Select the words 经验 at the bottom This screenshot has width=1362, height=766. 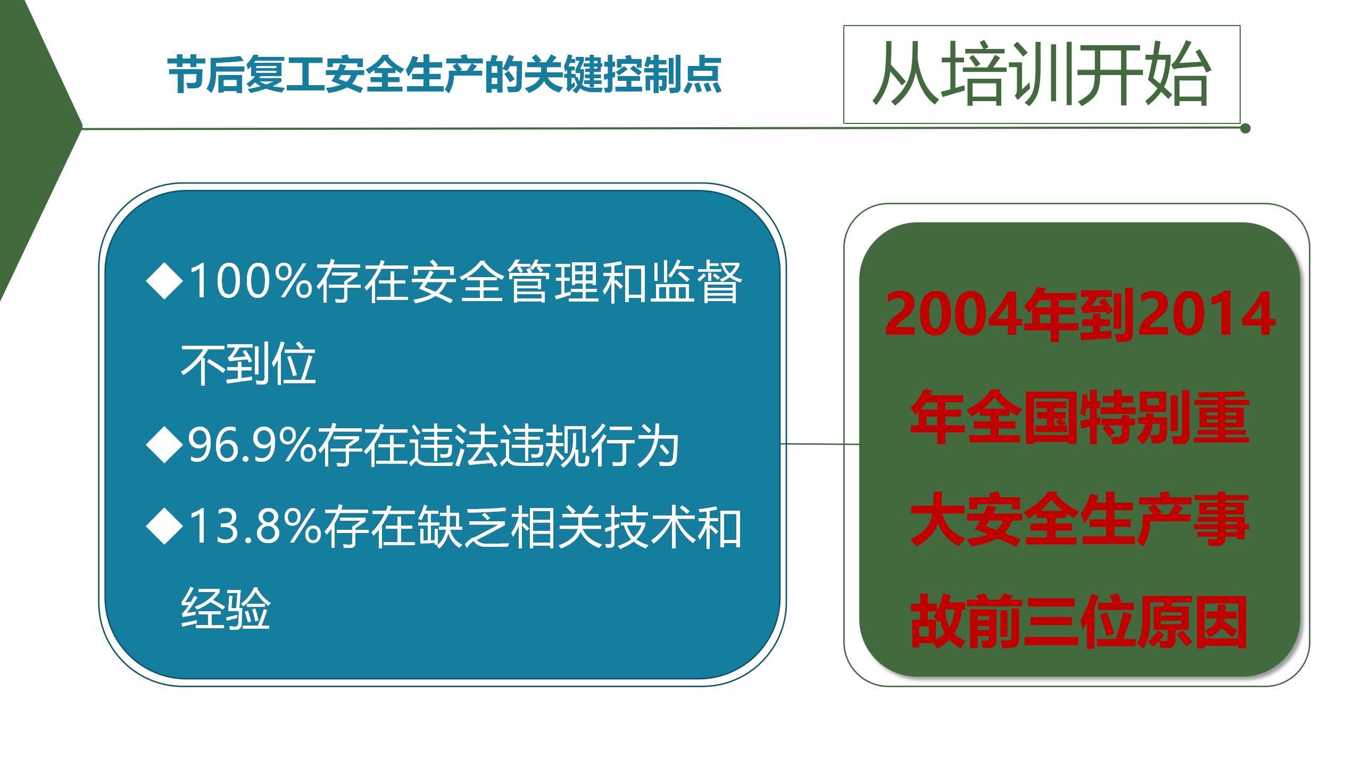click(226, 609)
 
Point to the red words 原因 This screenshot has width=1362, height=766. click(1192, 621)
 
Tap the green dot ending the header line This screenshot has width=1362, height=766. click(1245, 128)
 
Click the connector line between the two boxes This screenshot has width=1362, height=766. click(820, 444)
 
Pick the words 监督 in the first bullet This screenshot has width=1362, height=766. click(696, 281)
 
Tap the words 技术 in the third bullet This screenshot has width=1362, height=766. click(649, 527)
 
